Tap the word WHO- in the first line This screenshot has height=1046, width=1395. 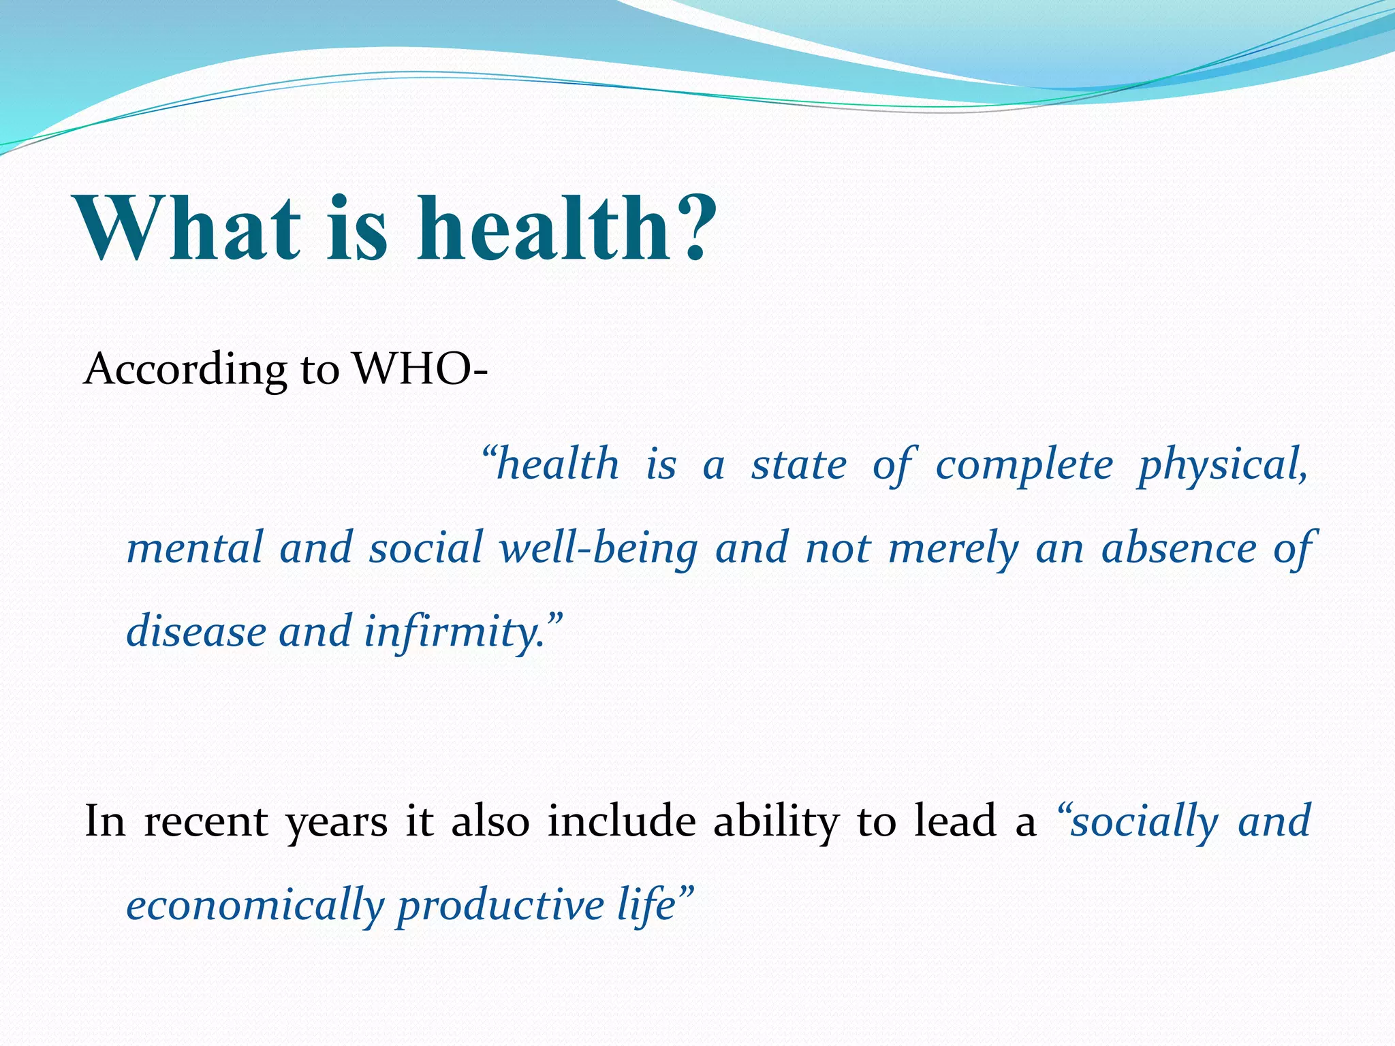point(420,370)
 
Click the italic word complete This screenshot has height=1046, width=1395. point(1024,466)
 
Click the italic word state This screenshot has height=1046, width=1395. point(798,466)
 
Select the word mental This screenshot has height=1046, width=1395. point(195,549)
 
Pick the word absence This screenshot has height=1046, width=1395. point(1178,549)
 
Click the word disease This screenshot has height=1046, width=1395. point(196,632)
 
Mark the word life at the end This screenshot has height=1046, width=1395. point(646,906)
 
